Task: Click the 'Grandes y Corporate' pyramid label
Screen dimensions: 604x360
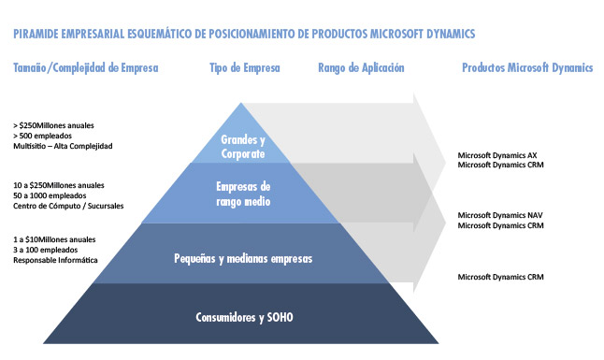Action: (x=243, y=147)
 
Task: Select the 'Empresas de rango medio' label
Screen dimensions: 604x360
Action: (x=243, y=194)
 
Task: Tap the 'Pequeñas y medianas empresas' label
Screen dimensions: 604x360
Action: (x=243, y=259)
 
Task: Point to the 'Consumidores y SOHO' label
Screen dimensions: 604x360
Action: (x=244, y=317)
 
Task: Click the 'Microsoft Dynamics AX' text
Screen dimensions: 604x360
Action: (x=496, y=155)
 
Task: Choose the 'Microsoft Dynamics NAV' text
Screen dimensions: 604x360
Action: (x=500, y=215)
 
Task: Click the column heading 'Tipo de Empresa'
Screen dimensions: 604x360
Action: (x=245, y=68)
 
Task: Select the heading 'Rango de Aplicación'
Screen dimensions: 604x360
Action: (x=361, y=68)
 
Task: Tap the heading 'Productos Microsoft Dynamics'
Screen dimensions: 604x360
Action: (x=527, y=68)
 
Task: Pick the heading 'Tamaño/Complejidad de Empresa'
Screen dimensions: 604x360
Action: (x=85, y=68)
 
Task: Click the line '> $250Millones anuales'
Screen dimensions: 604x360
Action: (x=53, y=125)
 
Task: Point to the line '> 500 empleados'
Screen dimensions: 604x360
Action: (x=42, y=136)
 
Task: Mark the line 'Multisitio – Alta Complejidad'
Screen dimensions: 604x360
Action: (x=63, y=146)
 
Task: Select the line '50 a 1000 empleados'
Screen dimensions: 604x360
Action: (x=50, y=195)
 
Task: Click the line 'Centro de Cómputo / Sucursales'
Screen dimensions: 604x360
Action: (x=68, y=206)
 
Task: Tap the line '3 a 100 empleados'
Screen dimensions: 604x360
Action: (x=46, y=250)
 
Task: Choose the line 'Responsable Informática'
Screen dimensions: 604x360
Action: (x=55, y=260)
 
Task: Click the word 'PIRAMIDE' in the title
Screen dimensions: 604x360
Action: (x=36, y=34)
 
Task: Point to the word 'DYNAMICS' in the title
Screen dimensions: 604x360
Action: (x=451, y=34)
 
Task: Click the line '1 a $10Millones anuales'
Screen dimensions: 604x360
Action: (x=54, y=239)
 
